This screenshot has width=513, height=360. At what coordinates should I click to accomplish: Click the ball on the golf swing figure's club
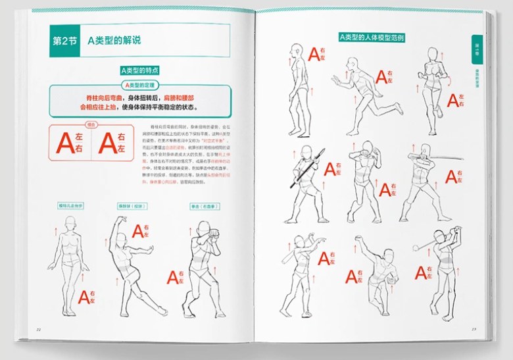(x=416, y=247)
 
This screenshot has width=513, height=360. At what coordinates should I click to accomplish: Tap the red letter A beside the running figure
(x=381, y=75)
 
